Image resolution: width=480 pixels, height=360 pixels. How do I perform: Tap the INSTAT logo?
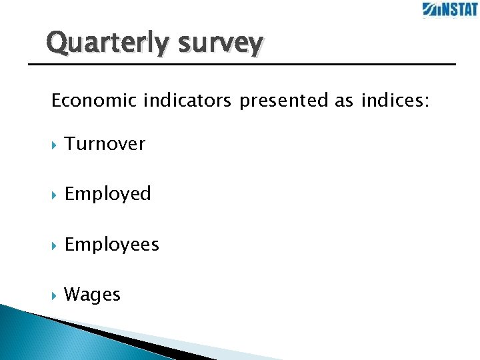pyautogui.click(x=449, y=9)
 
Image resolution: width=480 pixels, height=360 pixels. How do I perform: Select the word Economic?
pyautogui.click(x=94, y=101)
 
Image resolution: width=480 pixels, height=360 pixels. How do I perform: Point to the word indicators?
pyautogui.click(x=187, y=101)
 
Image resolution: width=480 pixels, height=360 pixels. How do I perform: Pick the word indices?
pyautogui.click(x=395, y=101)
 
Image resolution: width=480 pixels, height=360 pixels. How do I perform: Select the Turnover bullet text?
pyautogui.click(x=105, y=144)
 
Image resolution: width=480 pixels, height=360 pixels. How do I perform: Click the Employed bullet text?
pyautogui.click(x=108, y=195)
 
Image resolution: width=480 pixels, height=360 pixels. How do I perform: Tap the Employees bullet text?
pyautogui.click(x=112, y=245)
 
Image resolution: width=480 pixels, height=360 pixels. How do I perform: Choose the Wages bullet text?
pyautogui.click(x=92, y=295)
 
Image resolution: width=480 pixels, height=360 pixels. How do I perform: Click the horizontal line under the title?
pyautogui.click(x=240, y=64)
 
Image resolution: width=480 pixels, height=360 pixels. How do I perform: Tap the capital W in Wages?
pyautogui.click(x=72, y=294)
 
